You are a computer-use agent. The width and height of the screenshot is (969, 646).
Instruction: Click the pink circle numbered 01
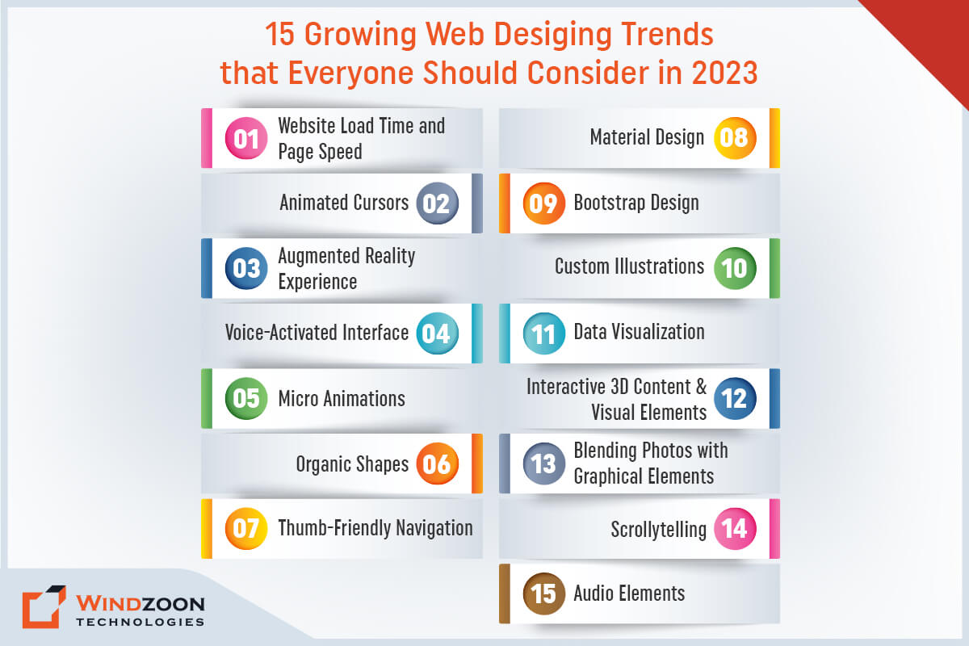[x=246, y=139]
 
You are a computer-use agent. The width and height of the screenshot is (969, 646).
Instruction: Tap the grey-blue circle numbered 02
[x=438, y=203]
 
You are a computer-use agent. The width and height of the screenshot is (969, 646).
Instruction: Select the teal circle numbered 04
[x=438, y=333]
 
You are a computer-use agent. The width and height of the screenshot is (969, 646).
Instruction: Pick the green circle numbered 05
[x=246, y=399]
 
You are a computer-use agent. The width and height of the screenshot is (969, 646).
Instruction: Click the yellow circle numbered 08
[x=735, y=138]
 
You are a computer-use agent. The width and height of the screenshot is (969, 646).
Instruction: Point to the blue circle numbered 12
[x=735, y=399]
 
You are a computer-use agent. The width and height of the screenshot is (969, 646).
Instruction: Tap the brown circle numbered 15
[x=544, y=594]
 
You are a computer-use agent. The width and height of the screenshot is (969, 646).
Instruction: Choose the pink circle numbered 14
[x=735, y=529]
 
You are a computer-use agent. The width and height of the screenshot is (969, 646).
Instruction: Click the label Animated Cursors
[x=344, y=203]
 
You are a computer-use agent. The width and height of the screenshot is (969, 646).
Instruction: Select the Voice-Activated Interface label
[x=317, y=333]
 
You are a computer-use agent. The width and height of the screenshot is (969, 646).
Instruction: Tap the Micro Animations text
[x=342, y=398]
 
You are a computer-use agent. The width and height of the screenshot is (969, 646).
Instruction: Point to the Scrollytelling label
[x=658, y=530]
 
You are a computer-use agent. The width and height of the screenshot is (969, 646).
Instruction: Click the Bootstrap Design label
[x=636, y=203]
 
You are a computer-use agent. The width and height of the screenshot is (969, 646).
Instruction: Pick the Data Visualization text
[x=639, y=332]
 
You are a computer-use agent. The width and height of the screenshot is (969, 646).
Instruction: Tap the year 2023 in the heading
[x=724, y=73]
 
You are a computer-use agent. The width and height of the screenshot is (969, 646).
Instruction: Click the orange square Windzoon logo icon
[x=44, y=607]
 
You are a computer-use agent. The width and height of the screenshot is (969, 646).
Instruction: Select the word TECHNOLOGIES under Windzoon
[x=140, y=622]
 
